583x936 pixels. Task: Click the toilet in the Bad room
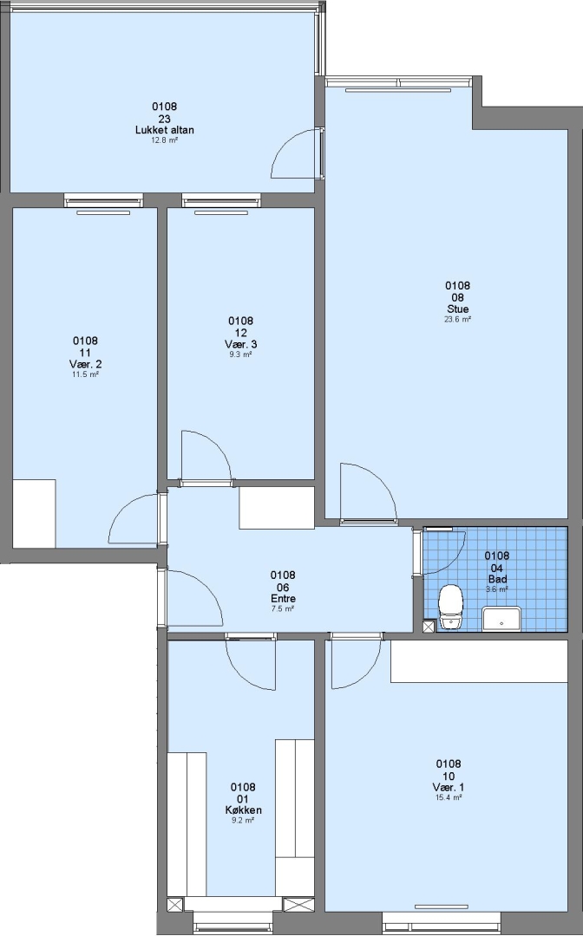tap(450, 606)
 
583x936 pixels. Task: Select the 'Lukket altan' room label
tap(164, 130)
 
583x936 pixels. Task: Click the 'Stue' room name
tap(458, 309)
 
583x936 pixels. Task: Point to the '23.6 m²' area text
tap(458, 319)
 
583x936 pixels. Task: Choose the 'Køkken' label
tap(243, 810)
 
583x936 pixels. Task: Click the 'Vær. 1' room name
tap(449, 787)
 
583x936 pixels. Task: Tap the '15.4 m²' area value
tap(449, 797)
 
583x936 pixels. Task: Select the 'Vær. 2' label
tap(85, 364)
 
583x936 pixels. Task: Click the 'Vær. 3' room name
tap(240, 344)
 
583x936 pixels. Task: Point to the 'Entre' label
tap(283, 599)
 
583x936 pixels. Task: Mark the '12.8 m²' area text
tap(164, 140)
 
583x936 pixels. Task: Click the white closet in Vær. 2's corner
tap(34, 513)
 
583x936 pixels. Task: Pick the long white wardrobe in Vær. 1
tap(479, 661)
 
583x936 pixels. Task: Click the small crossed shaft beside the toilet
tap(429, 627)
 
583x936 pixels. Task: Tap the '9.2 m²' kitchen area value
tap(243, 820)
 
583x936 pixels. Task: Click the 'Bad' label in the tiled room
tap(498, 580)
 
